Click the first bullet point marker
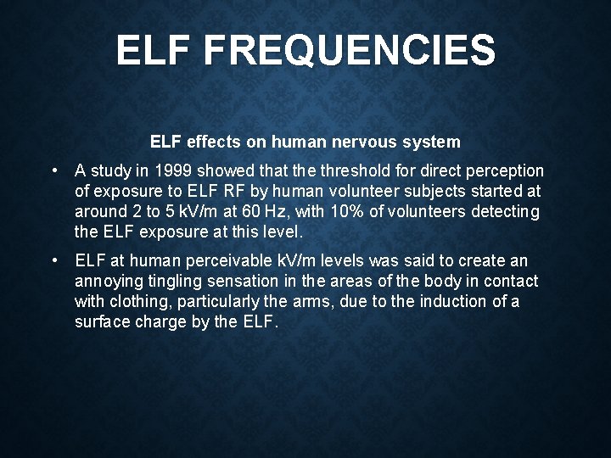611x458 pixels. point(54,170)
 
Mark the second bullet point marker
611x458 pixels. point(54,260)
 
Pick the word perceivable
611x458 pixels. point(225,260)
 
